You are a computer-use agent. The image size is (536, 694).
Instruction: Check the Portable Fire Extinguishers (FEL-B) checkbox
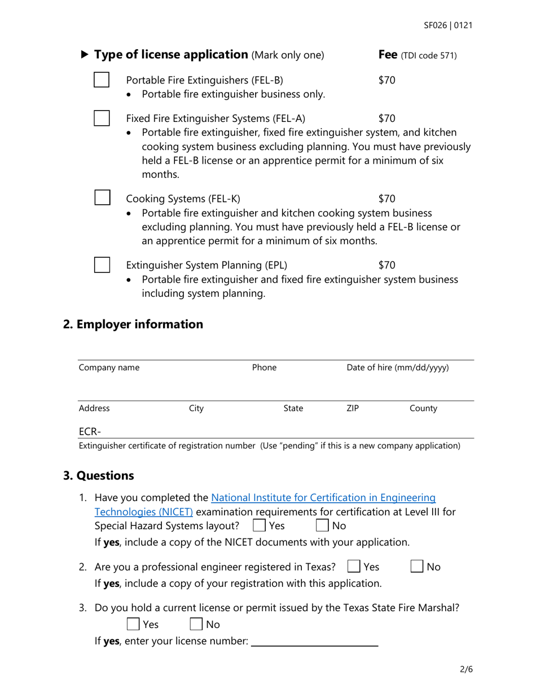(102, 80)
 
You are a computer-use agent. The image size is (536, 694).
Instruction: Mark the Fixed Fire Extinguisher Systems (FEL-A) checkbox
(102, 118)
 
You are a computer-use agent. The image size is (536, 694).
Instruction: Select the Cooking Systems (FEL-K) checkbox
(102, 198)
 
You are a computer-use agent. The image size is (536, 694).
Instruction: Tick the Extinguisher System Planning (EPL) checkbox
(102, 265)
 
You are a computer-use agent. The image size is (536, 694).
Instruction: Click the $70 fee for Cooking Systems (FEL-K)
(386, 198)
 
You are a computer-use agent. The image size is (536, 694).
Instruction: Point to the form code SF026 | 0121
(448, 25)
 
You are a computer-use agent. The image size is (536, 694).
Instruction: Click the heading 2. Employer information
(133, 324)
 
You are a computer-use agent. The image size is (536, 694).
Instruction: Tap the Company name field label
(109, 368)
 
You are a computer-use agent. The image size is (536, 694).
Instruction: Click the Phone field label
(264, 368)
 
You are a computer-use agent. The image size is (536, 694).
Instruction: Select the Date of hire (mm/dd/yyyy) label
(397, 368)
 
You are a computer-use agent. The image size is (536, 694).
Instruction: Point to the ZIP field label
(352, 409)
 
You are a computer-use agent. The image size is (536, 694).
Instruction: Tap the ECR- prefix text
(90, 432)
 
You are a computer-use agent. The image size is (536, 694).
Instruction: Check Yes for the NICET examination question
(260, 526)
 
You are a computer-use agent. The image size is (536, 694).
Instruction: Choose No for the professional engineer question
(418, 566)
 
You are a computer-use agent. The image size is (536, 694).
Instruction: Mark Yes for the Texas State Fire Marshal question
(133, 624)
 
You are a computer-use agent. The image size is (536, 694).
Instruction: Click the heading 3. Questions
(99, 476)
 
